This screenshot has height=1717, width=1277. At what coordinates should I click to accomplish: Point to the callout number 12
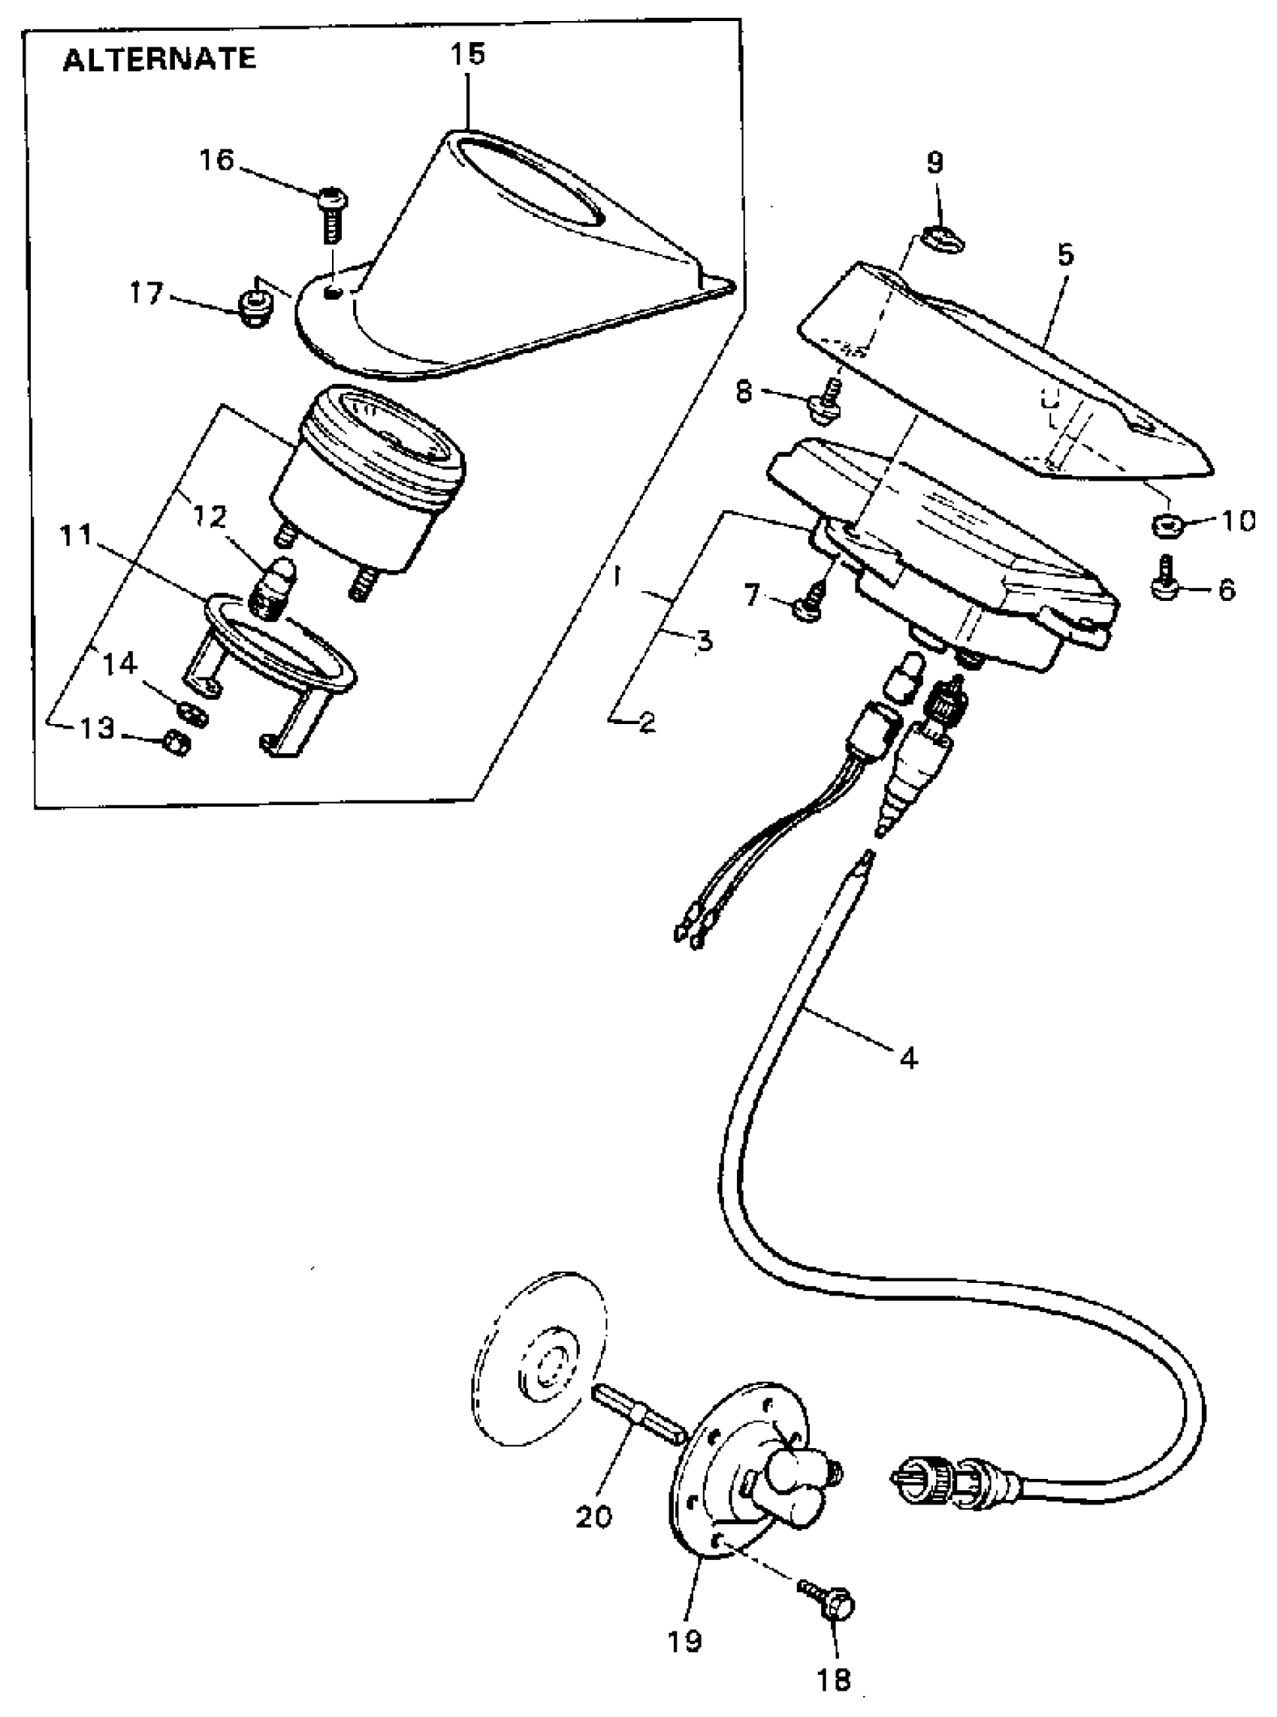pyautogui.click(x=210, y=517)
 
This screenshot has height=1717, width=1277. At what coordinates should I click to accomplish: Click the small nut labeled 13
pyautogui.click(x=177, y=744)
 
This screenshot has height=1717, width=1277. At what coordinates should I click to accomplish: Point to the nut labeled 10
pyautogui.click(x=1167, y=527)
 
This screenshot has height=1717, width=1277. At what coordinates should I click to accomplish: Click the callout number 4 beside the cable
pyautogui.click(x=909, y=1058)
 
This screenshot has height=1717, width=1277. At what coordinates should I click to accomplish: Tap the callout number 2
pyautogui.click(x=646, y=723)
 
